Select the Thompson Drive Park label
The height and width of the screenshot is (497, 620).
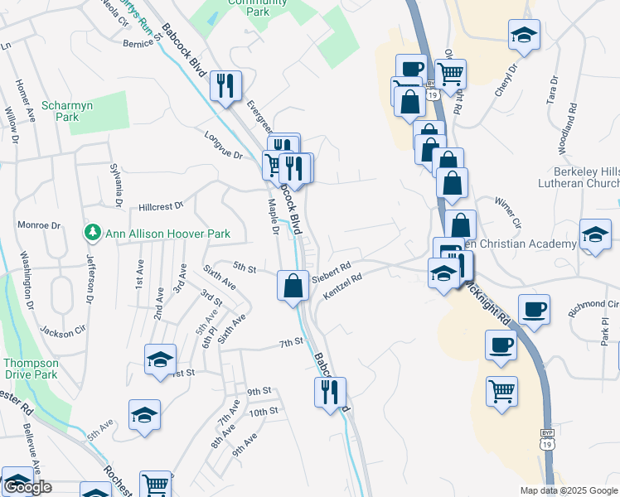(31, 369)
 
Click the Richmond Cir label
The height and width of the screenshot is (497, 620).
(592, 308)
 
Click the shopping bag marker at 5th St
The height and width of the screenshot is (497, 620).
(293, 286)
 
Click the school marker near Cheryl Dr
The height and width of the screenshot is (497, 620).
(524, 35)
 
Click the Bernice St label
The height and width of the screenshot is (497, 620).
(138, 42)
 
